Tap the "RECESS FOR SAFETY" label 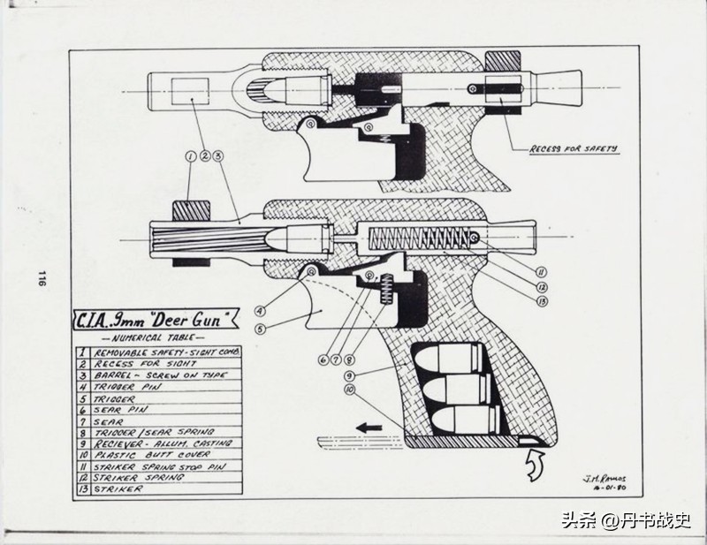click(573, 149)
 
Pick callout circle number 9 click(352, 376)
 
